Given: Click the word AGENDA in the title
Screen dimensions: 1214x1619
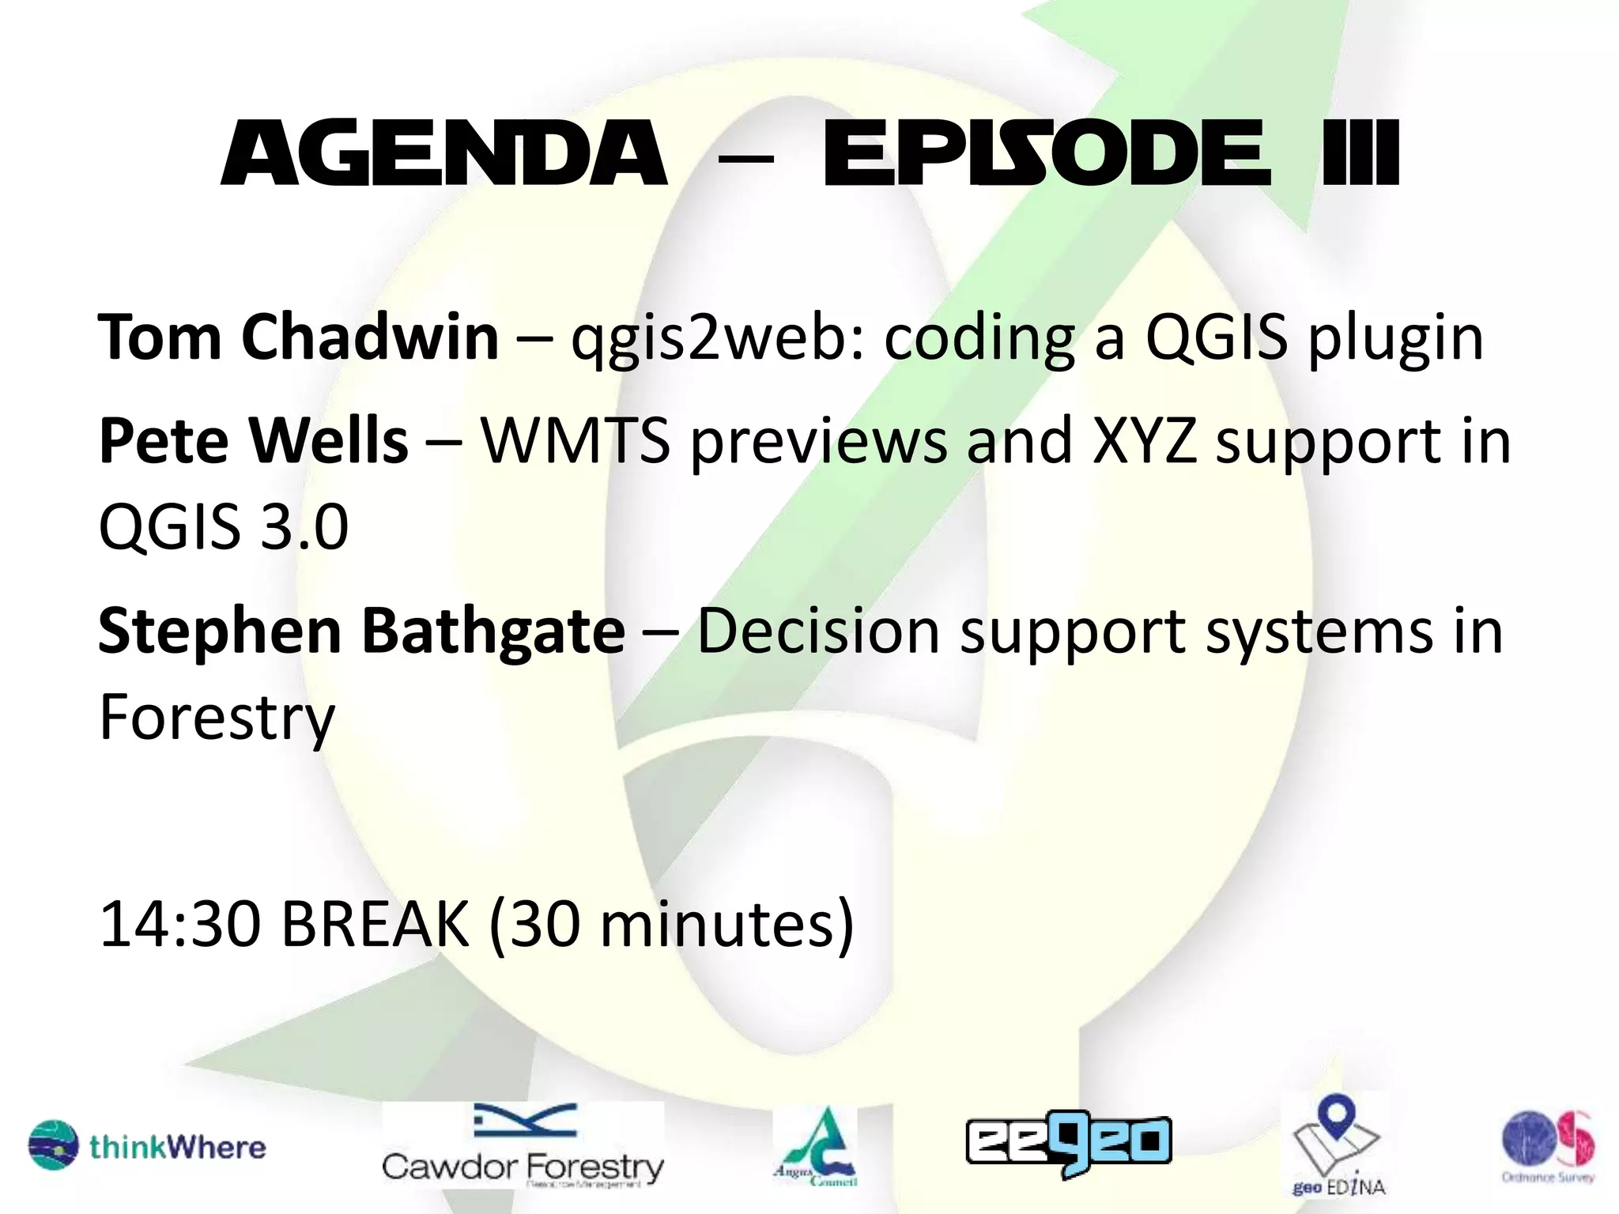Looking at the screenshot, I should [443, 154].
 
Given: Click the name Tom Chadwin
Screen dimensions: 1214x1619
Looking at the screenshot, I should [298, 337].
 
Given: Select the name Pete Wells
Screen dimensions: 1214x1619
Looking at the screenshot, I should [253, 440].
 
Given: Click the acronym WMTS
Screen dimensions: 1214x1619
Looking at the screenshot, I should [576, 440].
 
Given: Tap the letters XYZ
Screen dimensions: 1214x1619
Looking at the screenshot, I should [1143, 440].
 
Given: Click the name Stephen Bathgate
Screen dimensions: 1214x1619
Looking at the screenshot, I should [361, 632].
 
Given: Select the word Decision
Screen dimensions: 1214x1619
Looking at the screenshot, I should [818, 632].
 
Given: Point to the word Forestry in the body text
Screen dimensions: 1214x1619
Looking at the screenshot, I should [217, 718].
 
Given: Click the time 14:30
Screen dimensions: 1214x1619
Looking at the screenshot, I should [180, 924].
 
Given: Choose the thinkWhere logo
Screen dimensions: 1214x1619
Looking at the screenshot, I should [147, 1146].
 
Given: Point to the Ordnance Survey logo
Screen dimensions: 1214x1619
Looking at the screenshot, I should [1548, 1144].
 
